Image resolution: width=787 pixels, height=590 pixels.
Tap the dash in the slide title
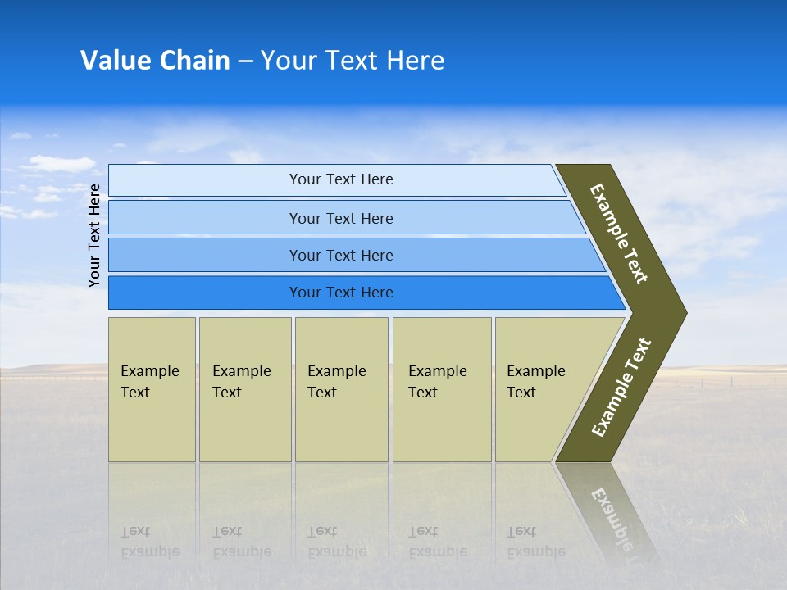click(x=245, y=61)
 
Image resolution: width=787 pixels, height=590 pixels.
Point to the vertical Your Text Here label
click(x=94, y=235)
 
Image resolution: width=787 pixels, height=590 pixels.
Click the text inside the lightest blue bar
click(x=341, y=179)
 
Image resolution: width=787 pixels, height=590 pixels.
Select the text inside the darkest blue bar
click(x=341, y=293)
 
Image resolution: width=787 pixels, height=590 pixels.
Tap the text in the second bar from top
click(x=341, y=219)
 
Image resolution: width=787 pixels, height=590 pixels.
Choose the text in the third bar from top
click(x=341, y=256)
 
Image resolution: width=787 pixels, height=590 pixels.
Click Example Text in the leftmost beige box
click(x=149, y=382)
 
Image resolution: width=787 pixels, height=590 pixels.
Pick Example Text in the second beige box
click(x=241, y=382)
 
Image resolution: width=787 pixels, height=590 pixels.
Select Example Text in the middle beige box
click(x=336, y=382)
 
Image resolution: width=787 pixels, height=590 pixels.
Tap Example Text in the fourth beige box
click(x=437, y=382)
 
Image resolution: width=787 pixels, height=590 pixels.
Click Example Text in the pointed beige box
click(x=535, y=382)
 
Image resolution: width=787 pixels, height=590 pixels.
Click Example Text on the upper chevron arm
click(x=619, y=234)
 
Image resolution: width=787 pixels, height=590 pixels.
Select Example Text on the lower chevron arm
click(x=621, y=388)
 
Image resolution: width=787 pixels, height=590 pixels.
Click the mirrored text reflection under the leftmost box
click(x=149, y=542)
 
